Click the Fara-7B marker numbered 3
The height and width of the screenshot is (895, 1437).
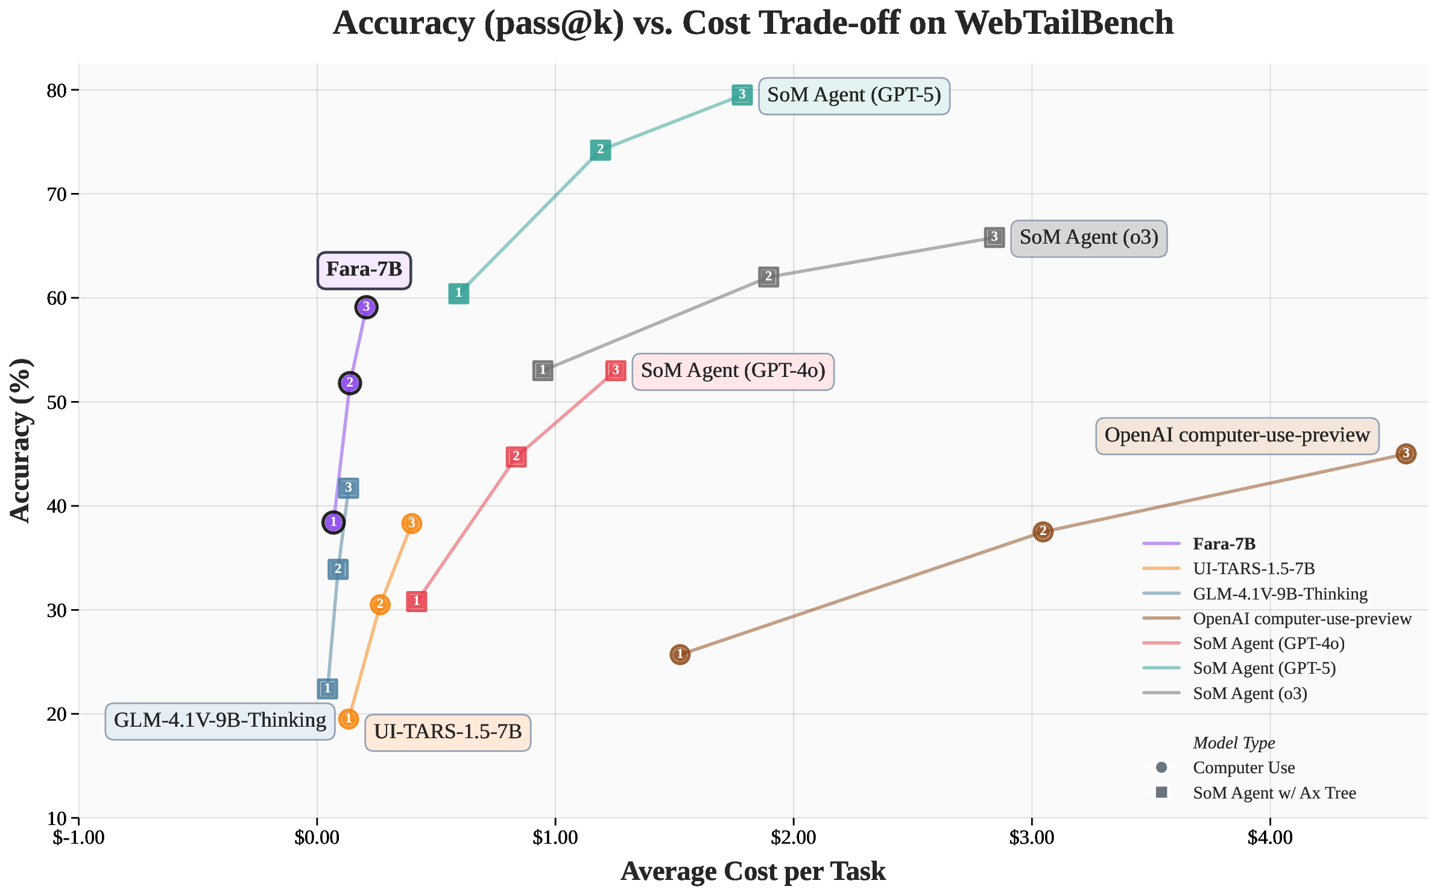click(x=366, y=307)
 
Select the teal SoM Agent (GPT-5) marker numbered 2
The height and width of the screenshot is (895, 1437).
click(x=600, y=150)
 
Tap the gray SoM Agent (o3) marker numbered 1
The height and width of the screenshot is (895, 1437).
click(x=543, y=370)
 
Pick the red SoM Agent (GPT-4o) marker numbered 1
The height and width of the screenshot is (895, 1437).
click(x=416, y=601)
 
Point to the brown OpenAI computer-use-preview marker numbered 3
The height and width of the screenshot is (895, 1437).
click(x=1406, y=454)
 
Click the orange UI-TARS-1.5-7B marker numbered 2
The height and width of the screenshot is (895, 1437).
click(x=379, y=604)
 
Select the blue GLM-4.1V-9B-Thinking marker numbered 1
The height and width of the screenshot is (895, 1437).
click(x=327, y=688)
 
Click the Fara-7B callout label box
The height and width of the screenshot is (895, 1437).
click(x=364, y=270)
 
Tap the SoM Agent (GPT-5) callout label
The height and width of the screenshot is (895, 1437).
click(x=853, y=95)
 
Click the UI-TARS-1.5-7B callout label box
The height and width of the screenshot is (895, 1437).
click(x=447, y=732)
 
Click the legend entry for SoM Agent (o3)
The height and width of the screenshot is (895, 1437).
click(x=1249, y=694)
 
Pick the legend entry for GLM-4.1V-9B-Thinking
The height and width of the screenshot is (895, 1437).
click(x=1280, y=594)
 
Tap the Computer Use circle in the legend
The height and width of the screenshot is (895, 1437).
click(x=1161, y=768)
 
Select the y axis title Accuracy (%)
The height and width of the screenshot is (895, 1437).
click(x=21, y=440)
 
